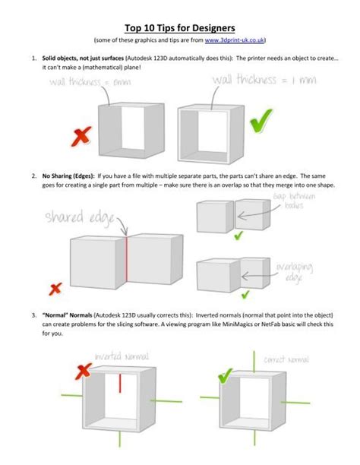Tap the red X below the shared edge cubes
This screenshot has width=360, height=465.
coord(55,289)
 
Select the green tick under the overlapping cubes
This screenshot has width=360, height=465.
coord(245,293)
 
